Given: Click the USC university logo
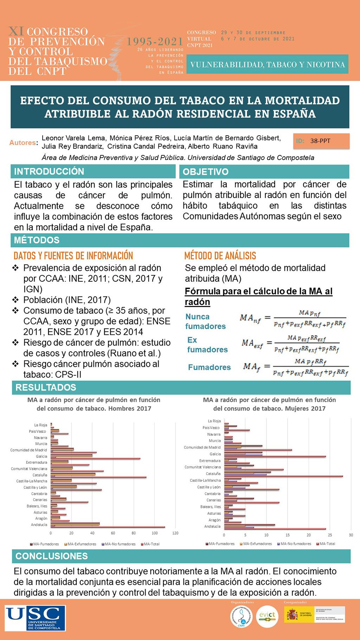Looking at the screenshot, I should pyautogui.click(x=35, y=618).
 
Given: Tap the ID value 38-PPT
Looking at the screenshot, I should pyautogui.click(x=320, y=141).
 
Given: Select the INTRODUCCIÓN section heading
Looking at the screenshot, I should pyautogui.click(x=49, y=171).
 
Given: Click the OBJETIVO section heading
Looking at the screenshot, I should pyautogui.click(x=206, y=172).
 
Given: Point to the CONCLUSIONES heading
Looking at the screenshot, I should pyautogui.click(x=52, y=556).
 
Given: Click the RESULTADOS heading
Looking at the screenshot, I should pyautogui.click(x=46, y=387).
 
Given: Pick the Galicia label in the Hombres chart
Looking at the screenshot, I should pyautogui.click(x=41, y=456).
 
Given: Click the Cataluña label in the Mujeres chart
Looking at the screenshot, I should pyautogui.click(x=213, y=474).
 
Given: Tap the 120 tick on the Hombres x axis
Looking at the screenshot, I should pyautogui.click(x=175, y=533).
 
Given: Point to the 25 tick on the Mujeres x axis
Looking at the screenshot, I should pyautogui.click(x=330, y=535).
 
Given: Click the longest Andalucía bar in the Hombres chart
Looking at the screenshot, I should pyautogui.click(x=108, y=527).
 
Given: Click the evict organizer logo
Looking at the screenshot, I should pyautogui.click(x=267, y=616).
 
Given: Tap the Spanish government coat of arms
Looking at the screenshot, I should pyautogui.click(x=292, y=615).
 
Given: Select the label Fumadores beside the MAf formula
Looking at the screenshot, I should pyautogui.click(x=209, y=367).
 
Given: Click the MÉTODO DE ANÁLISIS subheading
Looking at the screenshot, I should pyautogui.click(x=220, y=256).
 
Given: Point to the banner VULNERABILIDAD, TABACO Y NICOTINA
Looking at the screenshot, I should pyautogui.click(x=267, y=64).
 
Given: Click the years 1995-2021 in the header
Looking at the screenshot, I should pyautogui.click(x=155, y=41).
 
